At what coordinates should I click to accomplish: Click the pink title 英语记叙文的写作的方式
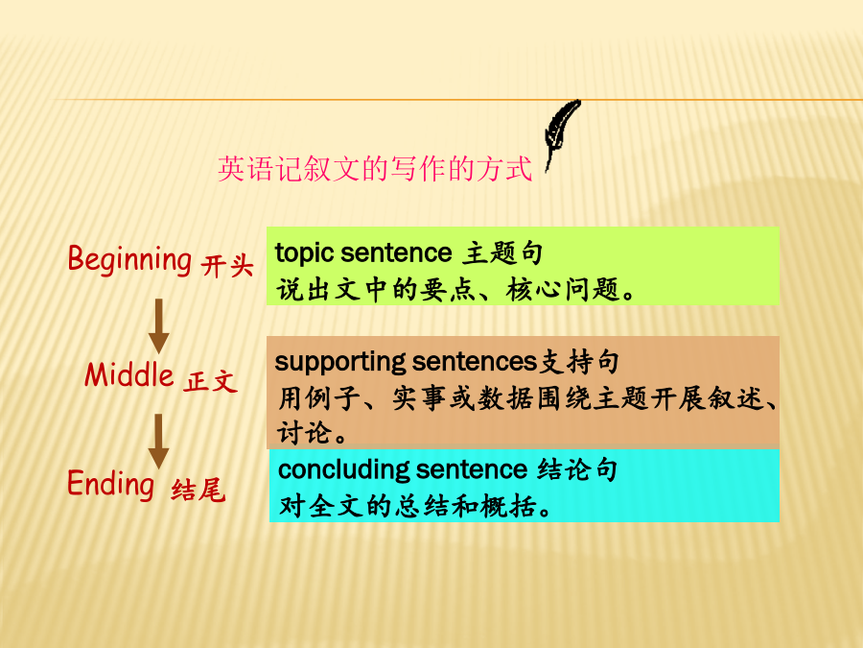pos(375,169)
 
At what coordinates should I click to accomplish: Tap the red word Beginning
pos(129,260)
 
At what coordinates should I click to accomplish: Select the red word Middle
pos(129,375)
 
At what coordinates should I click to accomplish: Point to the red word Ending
pos(110,484)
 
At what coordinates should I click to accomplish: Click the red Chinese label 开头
pos(226,266)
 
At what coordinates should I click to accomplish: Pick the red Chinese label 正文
pos(211,381)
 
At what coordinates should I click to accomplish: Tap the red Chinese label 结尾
pos(198,490)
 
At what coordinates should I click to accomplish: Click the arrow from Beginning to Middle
pos(158,326)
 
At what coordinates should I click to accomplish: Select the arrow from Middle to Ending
pos(158,442)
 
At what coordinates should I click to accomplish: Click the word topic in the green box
pos(304,254)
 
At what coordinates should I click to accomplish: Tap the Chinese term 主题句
pos(501,253)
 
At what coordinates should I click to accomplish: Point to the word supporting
pos(340,363)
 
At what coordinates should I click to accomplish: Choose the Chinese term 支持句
pos(578,362)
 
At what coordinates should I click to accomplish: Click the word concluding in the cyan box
pos(343,470)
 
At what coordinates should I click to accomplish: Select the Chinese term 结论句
pos(577,469)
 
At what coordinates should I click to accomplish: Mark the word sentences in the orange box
pos(475,362)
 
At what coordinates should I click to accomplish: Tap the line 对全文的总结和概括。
pos(415,506)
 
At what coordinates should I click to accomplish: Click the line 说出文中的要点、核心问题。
pos(455,290)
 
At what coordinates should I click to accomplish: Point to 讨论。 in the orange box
pos(312,433)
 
